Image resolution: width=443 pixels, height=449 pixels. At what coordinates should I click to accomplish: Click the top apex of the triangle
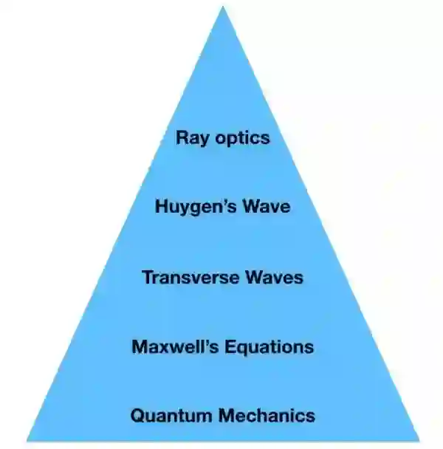222,7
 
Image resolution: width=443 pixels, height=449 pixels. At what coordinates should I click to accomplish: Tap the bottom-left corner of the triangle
27,440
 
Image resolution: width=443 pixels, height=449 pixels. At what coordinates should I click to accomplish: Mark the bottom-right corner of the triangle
418,440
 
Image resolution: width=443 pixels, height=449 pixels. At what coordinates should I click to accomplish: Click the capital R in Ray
182,137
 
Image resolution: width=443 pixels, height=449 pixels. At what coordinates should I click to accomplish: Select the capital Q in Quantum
137,416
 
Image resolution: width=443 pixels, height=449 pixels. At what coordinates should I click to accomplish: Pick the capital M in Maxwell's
140,346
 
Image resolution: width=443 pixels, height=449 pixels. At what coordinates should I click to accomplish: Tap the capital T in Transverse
147,278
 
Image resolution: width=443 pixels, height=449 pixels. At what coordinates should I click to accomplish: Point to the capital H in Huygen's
162,207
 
